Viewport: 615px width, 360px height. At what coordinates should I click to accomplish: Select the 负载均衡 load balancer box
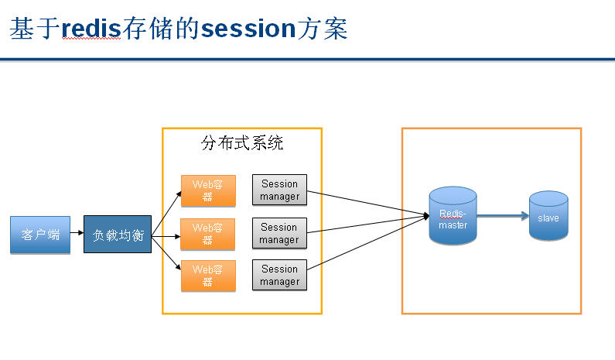(x=118, y=235)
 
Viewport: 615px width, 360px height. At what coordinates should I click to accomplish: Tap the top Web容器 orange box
(x=207, y=190)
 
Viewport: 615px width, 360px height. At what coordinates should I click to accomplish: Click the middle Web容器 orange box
(x=207, y=234)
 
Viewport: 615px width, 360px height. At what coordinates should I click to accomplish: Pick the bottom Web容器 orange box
(x=207, y=276)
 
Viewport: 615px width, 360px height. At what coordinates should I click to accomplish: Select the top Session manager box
(x=279, y=190)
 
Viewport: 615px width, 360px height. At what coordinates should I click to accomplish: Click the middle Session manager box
(x=279, y=233)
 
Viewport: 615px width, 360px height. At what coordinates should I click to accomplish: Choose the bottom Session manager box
(x=279, y=275)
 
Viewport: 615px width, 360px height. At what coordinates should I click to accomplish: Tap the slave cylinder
(x=548, y=217)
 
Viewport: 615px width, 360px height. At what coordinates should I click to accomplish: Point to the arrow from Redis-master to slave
(x=503, y=217)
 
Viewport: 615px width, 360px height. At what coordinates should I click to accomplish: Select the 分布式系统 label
(x=242, y=143)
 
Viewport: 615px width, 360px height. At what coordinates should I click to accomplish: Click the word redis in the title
(x=92, y=29)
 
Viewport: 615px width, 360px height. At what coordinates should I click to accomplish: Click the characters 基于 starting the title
(x=35, y=29)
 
